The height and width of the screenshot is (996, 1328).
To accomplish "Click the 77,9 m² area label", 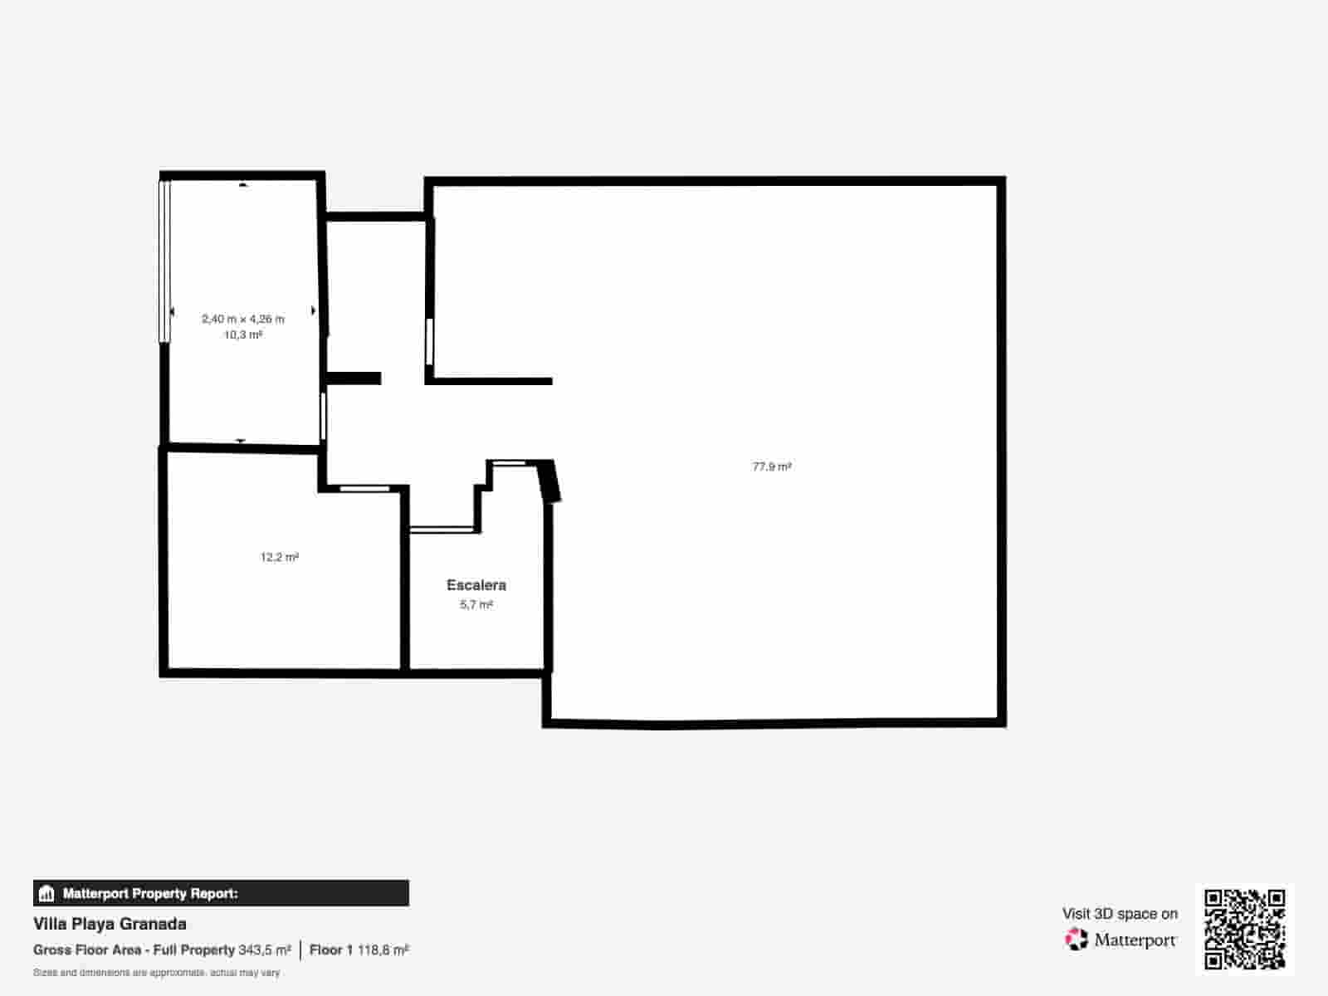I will pos(771,466).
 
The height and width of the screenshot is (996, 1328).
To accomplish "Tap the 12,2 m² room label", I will pos(279,557).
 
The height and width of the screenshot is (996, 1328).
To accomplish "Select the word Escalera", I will pos(476,585).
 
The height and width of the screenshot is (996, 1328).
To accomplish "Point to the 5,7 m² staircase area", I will pos(476,605).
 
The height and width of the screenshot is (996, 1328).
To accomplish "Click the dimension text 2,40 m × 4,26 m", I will pos(242,319).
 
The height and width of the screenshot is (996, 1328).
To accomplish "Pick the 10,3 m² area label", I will pos(242,335).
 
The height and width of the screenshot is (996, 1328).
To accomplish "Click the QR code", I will pos(1244,929).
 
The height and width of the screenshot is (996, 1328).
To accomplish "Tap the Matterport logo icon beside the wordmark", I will pos(1077,940).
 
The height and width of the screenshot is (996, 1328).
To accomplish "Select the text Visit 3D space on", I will pos(1119,914).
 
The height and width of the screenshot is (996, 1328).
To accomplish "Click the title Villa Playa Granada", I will pos(110,924).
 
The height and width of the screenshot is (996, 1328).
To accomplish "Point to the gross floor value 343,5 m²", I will pos(265,950).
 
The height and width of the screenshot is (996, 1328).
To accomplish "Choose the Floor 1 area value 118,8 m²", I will pos(383,950).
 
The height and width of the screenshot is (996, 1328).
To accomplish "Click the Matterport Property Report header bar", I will pos(221,893).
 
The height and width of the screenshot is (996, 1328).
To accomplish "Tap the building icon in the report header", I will pos(46,894).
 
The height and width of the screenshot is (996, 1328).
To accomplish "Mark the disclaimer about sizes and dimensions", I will pos(156,972).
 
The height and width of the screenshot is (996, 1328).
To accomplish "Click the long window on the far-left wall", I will pos(164,261).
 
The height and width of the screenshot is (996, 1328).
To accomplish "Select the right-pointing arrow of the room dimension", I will pos(314,310).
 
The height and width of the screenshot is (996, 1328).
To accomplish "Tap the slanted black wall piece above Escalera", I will pos(549,481).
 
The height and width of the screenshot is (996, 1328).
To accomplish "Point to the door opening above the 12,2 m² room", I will pos(365,488).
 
